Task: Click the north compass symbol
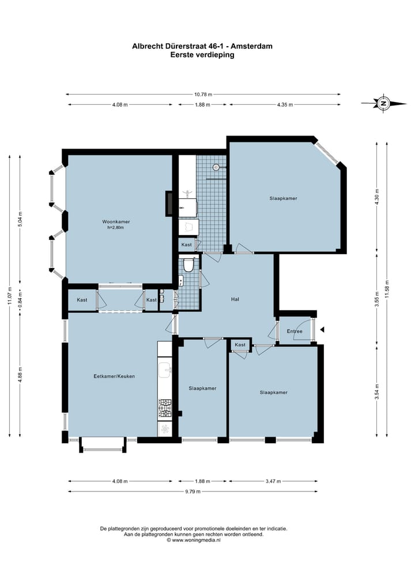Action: coord(384,103)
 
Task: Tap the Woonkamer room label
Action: coord(116,222)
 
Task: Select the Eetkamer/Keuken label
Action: coord(114,376)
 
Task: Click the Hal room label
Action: coord(235,299)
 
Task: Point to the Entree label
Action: coord(295,331)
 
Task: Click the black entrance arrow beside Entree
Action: coord(322,330)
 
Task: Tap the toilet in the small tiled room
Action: coord(188,264)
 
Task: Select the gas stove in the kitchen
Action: coord(165,408)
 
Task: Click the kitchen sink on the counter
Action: coord(165,369)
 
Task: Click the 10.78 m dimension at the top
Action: coord(203,94)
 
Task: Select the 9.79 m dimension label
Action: coord(193,492)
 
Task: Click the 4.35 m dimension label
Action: coord(285,105)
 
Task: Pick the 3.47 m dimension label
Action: coord(273,481)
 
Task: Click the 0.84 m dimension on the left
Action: coord(20,299)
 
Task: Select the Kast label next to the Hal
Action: coord(240,345)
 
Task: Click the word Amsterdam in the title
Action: coord(251,46)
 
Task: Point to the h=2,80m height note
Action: coord(115,227)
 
